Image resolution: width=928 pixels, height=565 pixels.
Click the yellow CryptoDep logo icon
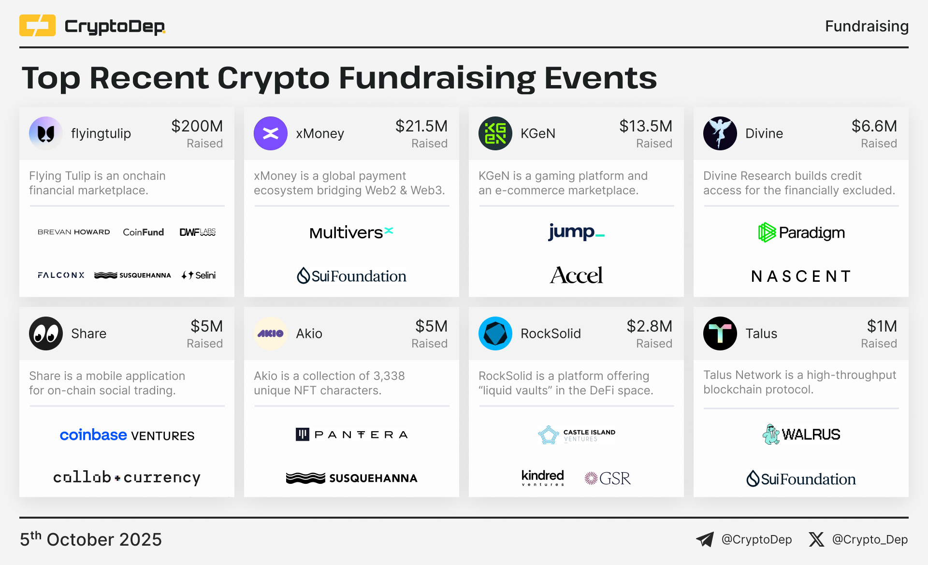click(x=37, y=26)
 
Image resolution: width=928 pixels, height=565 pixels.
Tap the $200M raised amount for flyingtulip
click(x=197, y=126)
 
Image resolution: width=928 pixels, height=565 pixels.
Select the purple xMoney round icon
click(x=271, y=133)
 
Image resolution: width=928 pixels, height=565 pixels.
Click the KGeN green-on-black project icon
click(x=495, y=133)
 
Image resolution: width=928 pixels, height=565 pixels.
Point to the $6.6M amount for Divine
click(x=874, y=126)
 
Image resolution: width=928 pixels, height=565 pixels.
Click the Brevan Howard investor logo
click(x=74, y=232)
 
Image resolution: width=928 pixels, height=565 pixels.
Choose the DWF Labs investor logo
click(x=198, y=232)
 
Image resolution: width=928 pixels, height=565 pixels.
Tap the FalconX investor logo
click(x=61, y=275)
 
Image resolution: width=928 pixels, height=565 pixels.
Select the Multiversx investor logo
click(x=351, y=233)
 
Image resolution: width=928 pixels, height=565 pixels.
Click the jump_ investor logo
click(x=576, y=232)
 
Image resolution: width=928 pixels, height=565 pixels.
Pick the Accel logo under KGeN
click(x=576, y=275)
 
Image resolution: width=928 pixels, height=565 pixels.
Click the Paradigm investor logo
click(x=801, y=232)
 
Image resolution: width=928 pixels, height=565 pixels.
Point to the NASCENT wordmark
click(x=801, y=276)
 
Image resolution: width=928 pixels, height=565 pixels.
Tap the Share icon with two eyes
click(x=46, y=333)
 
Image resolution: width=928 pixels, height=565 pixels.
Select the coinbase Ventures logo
click(x=127, y=435)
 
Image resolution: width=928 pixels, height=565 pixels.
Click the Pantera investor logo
click(x=352, y=435)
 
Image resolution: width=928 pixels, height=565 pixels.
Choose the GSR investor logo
click(x=608, y=478)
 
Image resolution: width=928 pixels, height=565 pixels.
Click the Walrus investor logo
click(x=801, y=434)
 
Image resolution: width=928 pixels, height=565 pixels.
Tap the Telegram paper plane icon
click(x=705, y=539)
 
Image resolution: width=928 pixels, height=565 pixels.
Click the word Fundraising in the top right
click(x=867, y=26)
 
